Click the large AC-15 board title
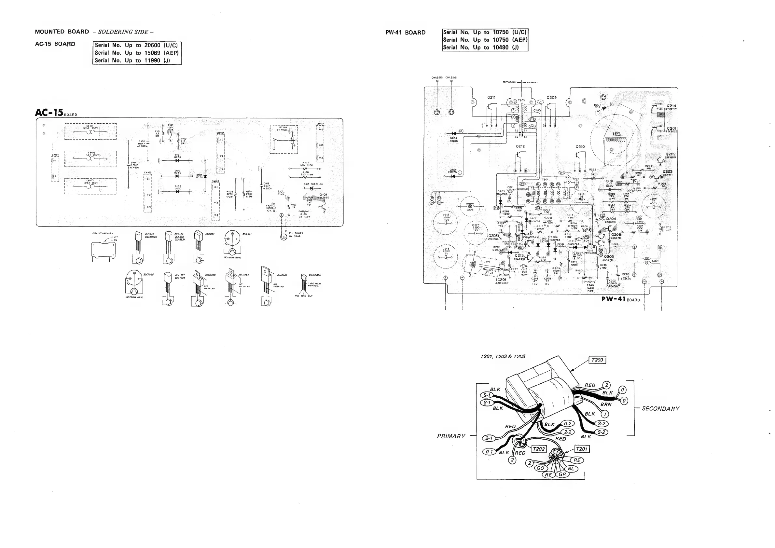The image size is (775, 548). (x=49, y=112)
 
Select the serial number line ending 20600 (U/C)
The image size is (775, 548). (x=136, y=45)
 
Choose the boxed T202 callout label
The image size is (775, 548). (x=538, y=449)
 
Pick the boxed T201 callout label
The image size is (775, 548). (x=582, y=449)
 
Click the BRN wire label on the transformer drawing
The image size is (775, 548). (x=606, y=404)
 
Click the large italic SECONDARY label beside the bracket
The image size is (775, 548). (x=660, y=409)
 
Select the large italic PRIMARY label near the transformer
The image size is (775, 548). (x=451, y=436)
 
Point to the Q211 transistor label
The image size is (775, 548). (x=491, y=98)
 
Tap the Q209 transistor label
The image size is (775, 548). (x=551, y=98)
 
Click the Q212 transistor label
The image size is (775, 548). (x=520, y=146)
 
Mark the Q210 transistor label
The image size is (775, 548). (x=580, y=147)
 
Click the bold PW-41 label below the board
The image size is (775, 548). (x=614, y=299)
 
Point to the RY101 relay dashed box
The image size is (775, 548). (x=284, y=139)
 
